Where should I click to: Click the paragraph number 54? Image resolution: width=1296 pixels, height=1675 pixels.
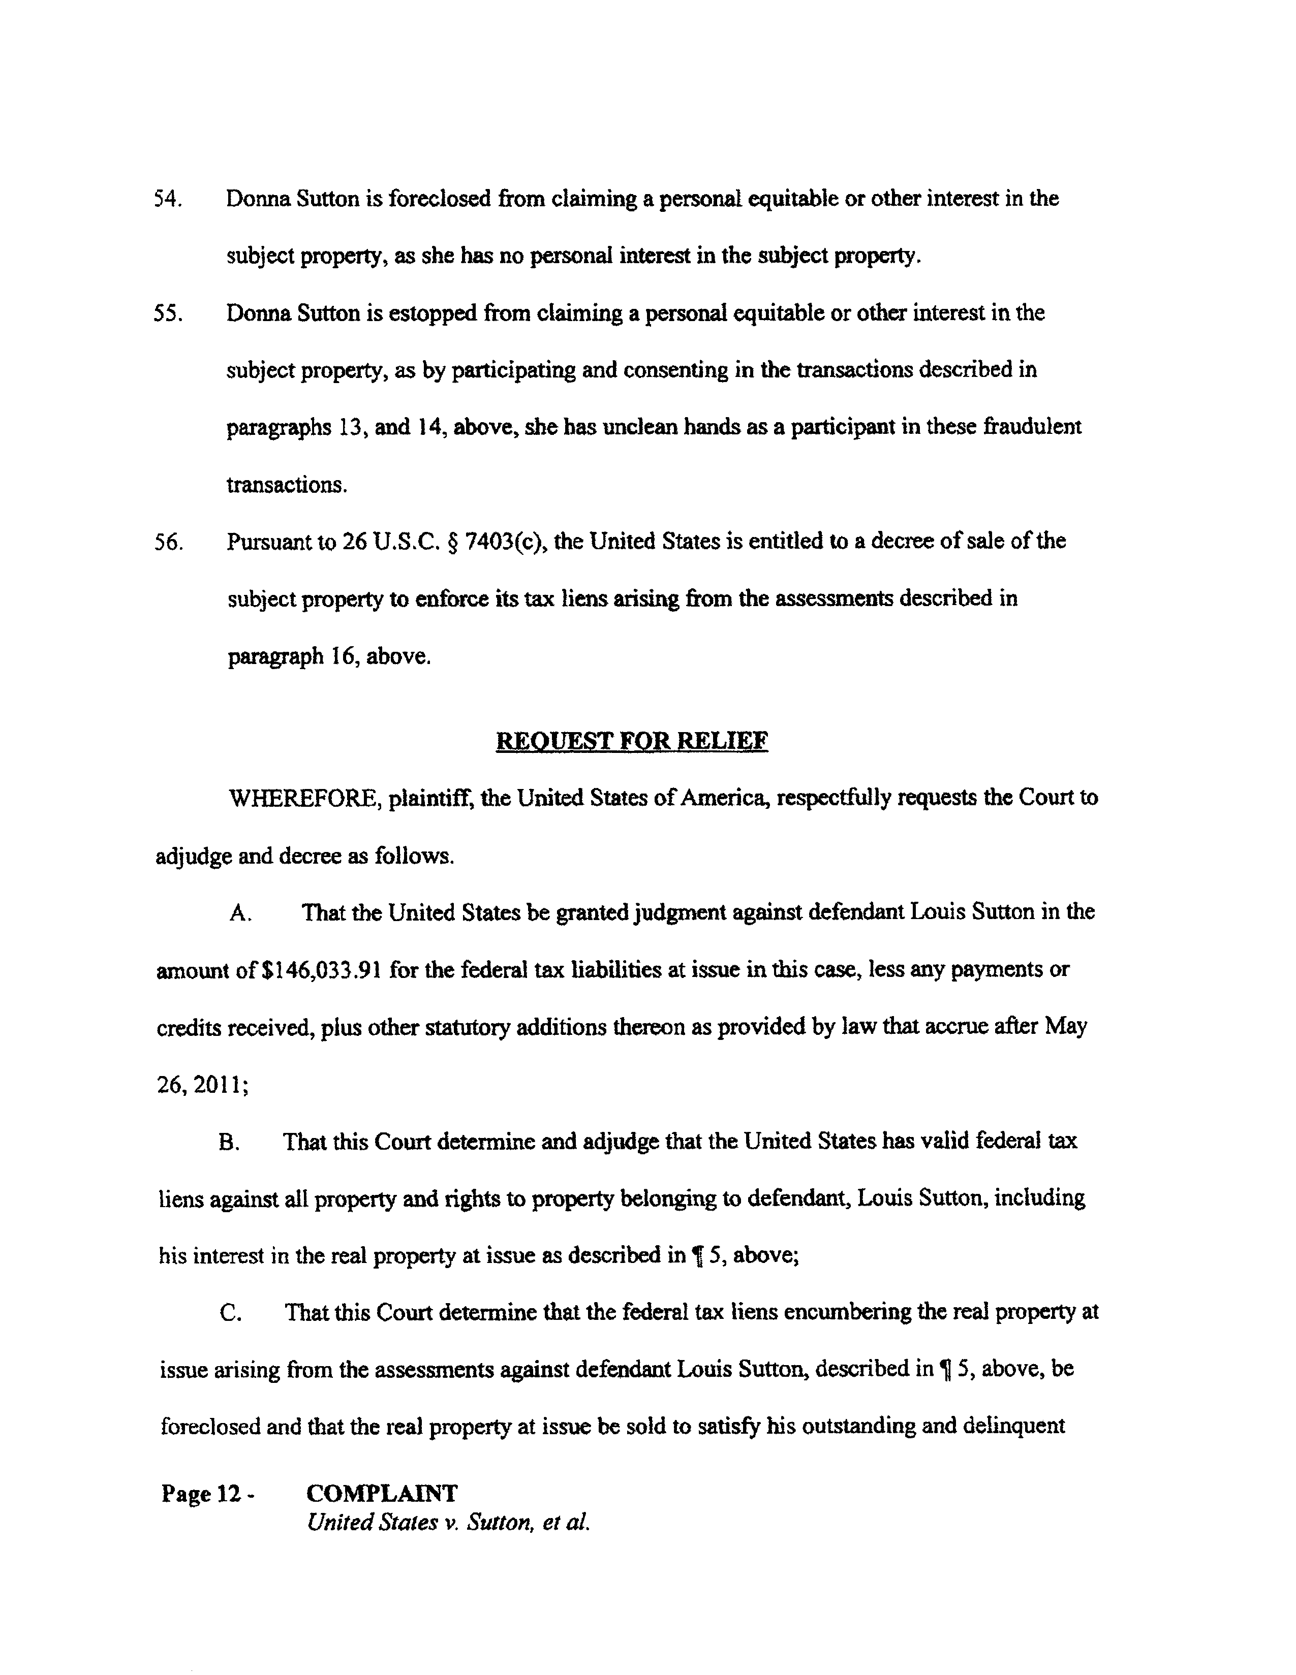click(167, 199)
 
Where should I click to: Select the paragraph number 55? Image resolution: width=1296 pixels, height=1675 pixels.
click(167, 313)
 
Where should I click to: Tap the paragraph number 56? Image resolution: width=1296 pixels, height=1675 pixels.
click(167, 542)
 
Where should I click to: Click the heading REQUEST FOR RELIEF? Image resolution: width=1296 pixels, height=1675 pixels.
click(632, 742)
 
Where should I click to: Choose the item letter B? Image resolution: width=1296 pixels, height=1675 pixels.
click(229, 1143)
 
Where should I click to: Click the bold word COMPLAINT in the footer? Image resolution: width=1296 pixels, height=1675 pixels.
click(381, 1493)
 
